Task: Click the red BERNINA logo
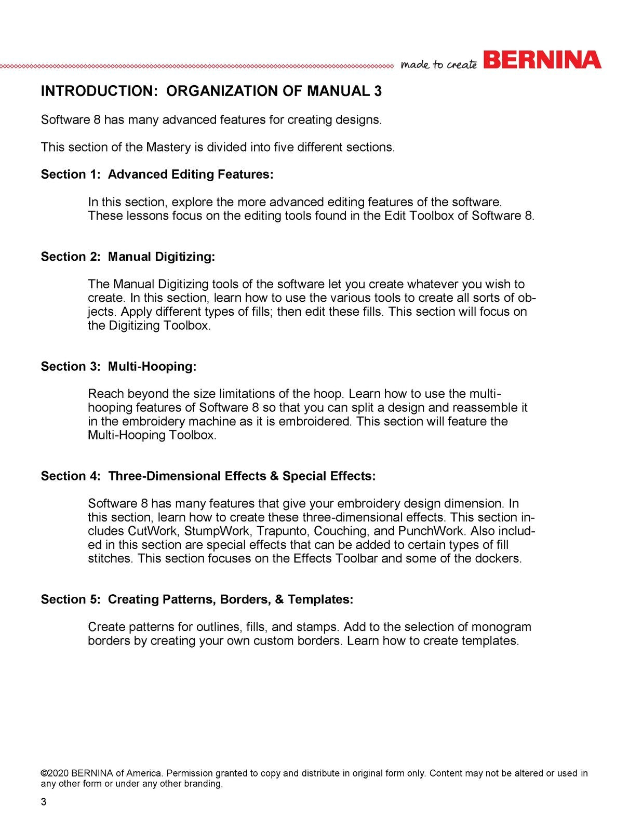point(542,60)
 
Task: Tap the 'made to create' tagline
point(439,64)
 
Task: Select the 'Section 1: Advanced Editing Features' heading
point(157,175)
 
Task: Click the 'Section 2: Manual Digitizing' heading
point(128,257)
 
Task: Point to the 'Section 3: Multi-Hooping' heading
point(118,367)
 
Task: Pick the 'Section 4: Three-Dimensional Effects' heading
point(208,476)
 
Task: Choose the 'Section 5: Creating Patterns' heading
point(197,599)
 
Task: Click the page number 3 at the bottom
point(44,802)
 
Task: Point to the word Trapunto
point(282,531)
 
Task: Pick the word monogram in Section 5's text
point(501,627)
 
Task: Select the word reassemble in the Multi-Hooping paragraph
point(483,408)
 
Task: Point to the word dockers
point(498,559)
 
